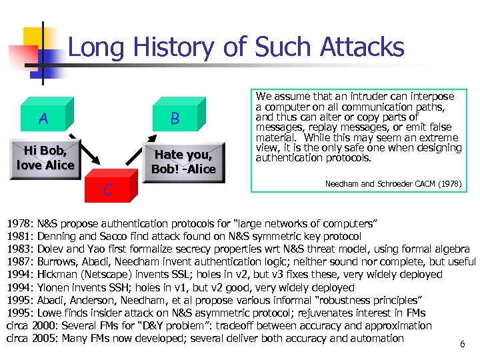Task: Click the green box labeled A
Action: tap(44, 119)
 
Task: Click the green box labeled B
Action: tap(175, 119)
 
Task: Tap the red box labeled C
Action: tap(107, 189)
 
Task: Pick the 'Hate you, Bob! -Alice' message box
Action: tap(183, 162)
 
